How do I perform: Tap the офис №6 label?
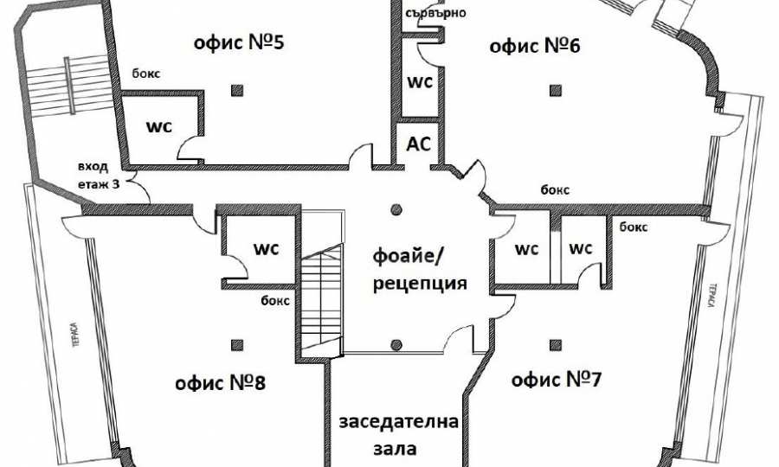534,47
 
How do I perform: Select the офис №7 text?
557,380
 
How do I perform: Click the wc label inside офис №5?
158,125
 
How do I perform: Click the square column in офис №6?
553,88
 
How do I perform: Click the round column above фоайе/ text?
396,208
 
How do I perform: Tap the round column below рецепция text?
396,344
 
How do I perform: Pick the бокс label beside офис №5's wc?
145,76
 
